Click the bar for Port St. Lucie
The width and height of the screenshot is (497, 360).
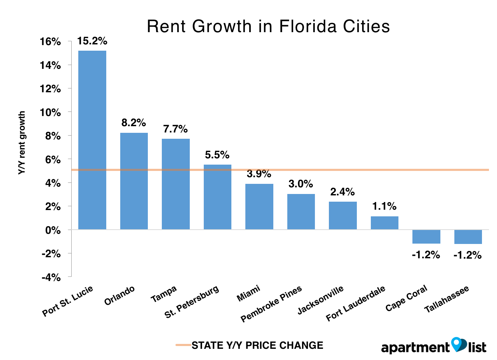pyautogui.click(x=92, y=140)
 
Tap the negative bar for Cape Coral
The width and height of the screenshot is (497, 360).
pyautogui.click(x=426, y=237)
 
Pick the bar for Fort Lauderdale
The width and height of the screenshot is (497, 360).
pyautogui.click(x=384, y=223)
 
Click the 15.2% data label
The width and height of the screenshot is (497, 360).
pyautogui.click(x=92, y=41)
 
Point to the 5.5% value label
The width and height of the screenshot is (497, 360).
pyautogui.click(x=217, y=155)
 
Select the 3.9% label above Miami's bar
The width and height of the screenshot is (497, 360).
pyautogui.click(x=259, y=174)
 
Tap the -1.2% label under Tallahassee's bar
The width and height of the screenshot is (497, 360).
pyautogui.click(x=468, y=255)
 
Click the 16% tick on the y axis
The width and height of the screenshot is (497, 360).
pyautogui.click(x=50, y=42)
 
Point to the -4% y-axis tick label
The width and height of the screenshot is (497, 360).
pyautogui.click(x=51, y=278)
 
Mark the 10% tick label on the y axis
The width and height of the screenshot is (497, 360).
pyautogui.click(x=50, y=113)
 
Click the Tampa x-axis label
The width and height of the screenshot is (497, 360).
pyautogui.click(x=164, y=294)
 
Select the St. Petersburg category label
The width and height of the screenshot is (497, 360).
pyautogui.click(x=192, y=302)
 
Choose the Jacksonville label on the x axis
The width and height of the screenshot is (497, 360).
pyautogui.click(x=320, y=300)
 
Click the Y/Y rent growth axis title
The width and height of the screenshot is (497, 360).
pyautogui.click(x=22, y=143)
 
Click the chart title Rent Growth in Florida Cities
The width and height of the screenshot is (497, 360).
pyautogui.click(x=268, y=26)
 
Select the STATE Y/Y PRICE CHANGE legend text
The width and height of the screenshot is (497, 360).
pyautogui.click(x=257, y=345)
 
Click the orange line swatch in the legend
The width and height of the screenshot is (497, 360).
pyautogui.click(x=183, y=345)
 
